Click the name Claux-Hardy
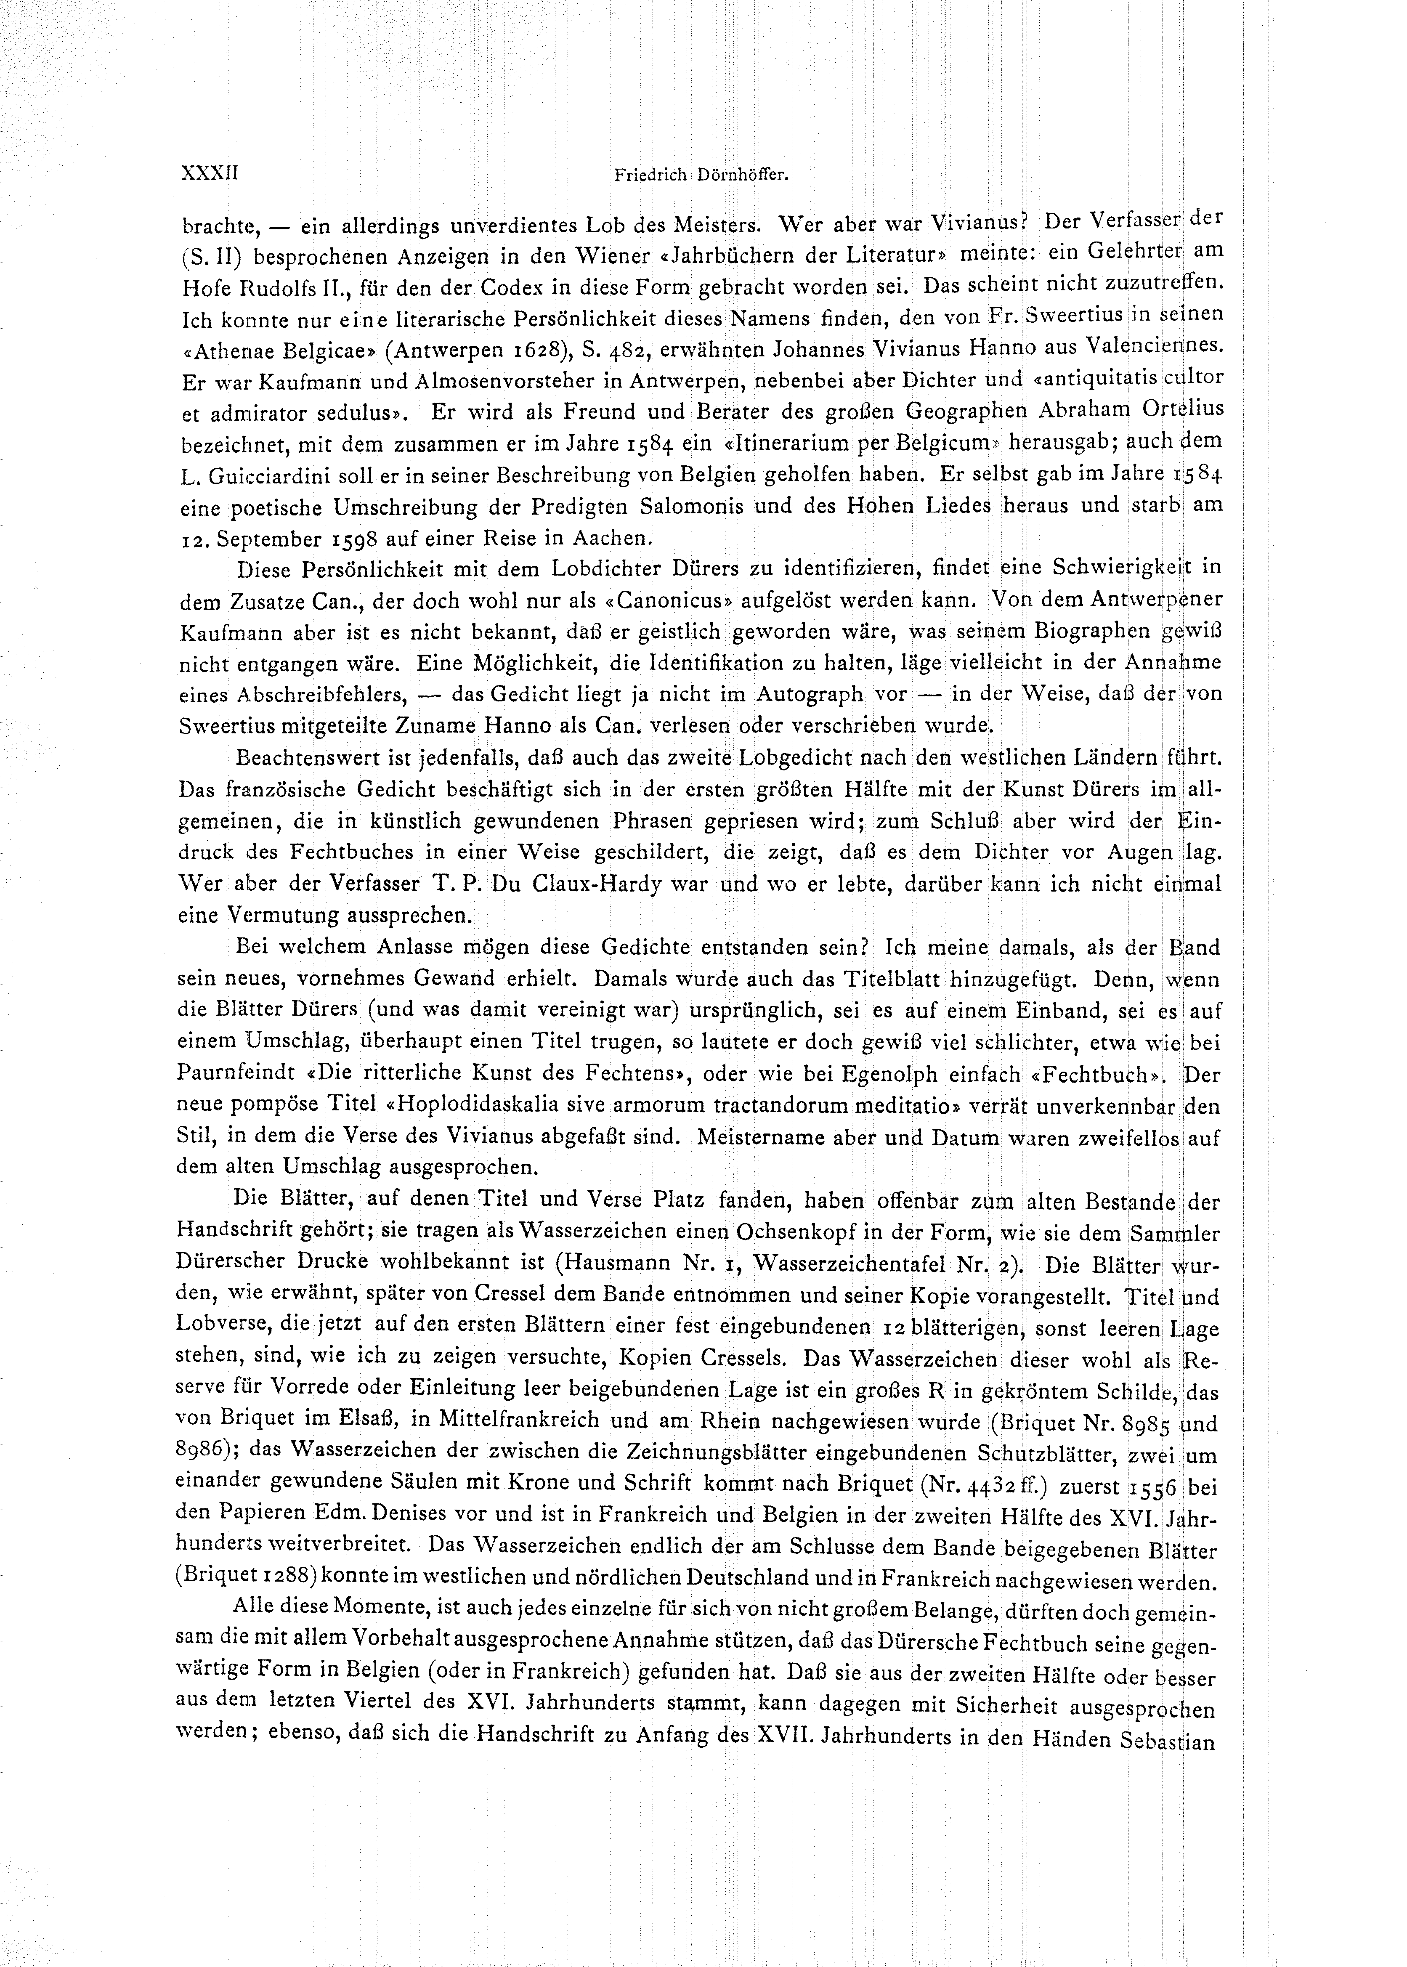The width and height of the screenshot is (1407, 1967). pos(593,885)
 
